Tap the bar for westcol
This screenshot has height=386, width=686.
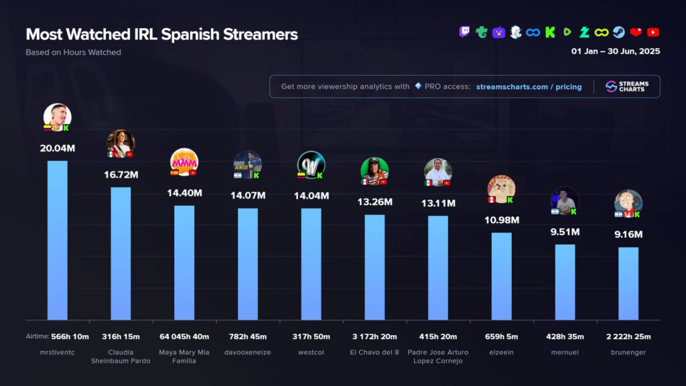click(x=311, y=264)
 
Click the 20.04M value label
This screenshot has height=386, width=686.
click(x=57, y=148)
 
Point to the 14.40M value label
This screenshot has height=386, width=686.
click(x=184, y=193)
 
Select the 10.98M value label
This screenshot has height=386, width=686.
click(x=501, y=220)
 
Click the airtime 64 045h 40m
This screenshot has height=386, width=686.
click(x=184, y=336)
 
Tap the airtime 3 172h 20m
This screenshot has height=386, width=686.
click(x=374, y=336)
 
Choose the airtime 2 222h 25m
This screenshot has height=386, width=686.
click(x=628, y=336)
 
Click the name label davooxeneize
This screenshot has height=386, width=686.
click(x=247, y=352)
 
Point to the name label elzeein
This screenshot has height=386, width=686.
click(x=501, y=352)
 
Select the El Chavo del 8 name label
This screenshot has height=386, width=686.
click(x=374, y=352)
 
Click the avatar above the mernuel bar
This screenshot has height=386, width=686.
click(x=565, y=200)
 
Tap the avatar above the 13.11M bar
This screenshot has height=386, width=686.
click(x=437, y=172)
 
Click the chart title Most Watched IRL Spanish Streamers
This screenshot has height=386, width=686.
click(x=161, y=34)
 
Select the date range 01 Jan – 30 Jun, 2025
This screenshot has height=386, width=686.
click(x=615, y=52)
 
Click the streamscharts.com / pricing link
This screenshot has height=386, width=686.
click(x=529, y=86)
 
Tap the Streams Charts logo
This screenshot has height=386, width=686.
click(x=627, y=86)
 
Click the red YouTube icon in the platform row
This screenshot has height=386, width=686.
click(x=653, y=31)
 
